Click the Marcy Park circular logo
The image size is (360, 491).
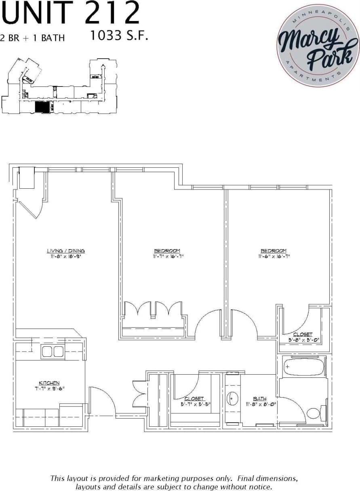(318, 45)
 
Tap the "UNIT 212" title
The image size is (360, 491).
(71, 14)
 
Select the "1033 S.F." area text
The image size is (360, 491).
(119, 36)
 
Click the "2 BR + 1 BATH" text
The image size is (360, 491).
(33, 38)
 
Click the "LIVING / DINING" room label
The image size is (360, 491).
(66, 251)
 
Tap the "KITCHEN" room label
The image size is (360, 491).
(49, 383)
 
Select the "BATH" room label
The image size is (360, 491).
(259, 398)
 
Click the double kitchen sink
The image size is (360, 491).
(53, 352)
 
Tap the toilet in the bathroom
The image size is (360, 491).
(314, 413)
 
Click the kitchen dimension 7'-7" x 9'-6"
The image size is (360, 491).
(49, 388)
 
